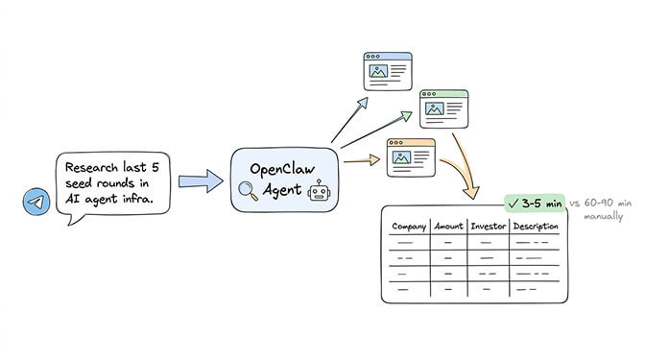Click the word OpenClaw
point(283,165)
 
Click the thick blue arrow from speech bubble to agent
point(199,180)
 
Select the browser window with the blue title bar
point(387,71)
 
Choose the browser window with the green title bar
point(443,108)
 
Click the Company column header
point(408,227)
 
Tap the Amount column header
point(448,227)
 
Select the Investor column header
point(488,227)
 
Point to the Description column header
point(537,227)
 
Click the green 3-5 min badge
point(536,204)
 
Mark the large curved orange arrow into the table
point(467,163)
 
